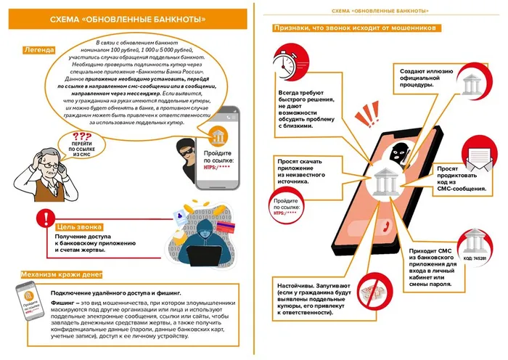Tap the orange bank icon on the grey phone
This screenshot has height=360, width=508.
(218, 135)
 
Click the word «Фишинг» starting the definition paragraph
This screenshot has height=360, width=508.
(62, 303)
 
